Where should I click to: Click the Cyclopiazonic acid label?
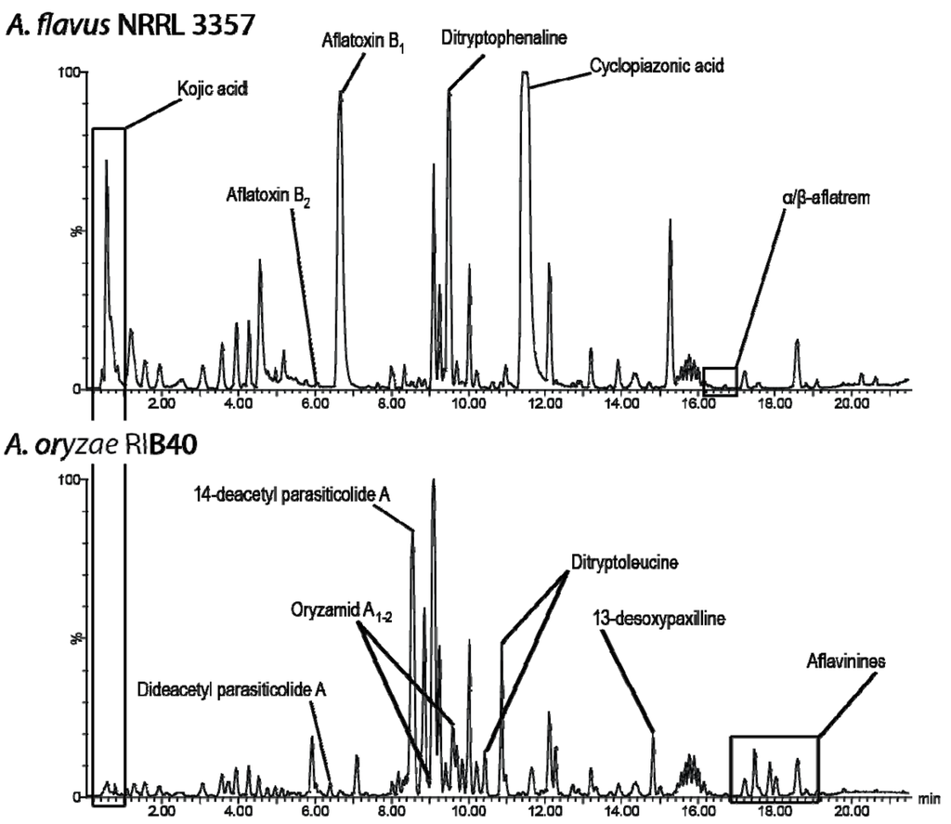point(657,67)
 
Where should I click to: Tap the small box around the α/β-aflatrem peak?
point(720,381)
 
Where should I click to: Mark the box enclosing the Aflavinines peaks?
point(774,767)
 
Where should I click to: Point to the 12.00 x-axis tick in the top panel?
point(546,405)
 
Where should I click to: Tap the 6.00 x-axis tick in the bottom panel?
point(315,812)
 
